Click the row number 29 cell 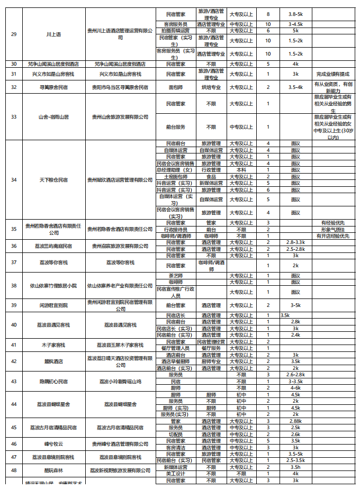pos(14,34)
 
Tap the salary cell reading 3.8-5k pos(295,14)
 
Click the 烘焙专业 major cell pos(211,87)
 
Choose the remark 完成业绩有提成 pos(332,74)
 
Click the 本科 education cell pos(241,170)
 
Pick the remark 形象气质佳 pos(332,229)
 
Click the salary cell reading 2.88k pos(295,421)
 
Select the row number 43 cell pos(14,381)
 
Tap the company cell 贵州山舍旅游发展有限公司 pos(120,117)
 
